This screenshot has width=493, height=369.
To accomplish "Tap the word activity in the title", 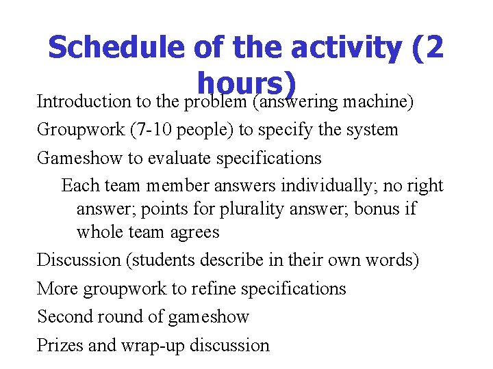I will (345, 48).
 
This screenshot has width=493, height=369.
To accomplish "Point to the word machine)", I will (380, 102).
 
